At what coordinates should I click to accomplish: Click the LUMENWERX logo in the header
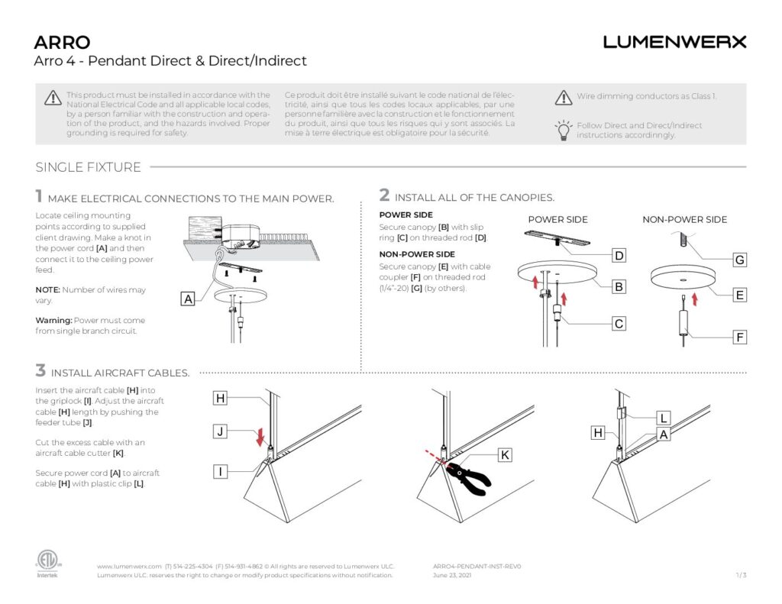point(674,42)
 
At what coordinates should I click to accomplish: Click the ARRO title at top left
point(62,42)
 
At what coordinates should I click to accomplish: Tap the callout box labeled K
point(504,455)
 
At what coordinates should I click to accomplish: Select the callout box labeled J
point(220,432)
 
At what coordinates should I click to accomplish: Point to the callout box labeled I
point(220,471)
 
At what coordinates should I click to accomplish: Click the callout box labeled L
point(664,418)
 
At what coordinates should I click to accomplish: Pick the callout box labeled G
point(738,260)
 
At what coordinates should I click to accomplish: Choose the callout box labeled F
point(738,337)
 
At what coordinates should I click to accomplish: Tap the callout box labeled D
point(619,254)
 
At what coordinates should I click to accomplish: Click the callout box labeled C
point(619,324)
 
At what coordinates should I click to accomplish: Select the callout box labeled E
point(738,295)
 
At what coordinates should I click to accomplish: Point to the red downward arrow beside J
point(261,436)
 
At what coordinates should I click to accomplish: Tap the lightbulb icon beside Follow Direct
point(563,130)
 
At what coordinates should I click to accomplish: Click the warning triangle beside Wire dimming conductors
point(563,97)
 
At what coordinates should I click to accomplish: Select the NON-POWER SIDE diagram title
point(684,220)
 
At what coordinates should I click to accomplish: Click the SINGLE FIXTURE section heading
point(88,167)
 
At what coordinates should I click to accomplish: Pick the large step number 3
point(40,371)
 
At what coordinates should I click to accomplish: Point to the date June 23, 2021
point(451,576)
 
